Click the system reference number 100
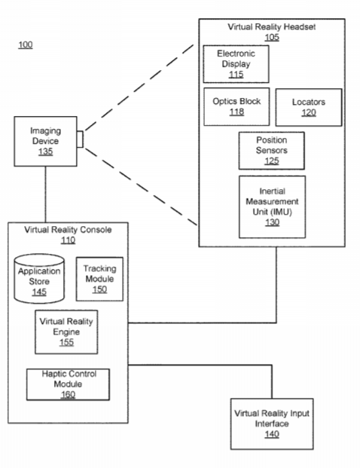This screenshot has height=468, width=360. point(26,44)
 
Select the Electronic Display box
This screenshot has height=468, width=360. point(236,64)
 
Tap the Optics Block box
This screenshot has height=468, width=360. point(236,106)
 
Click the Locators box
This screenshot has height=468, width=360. point(309,107)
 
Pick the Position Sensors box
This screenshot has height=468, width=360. point(271,151)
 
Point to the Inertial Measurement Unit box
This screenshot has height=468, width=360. point(272,206)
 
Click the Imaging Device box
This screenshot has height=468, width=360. point(45,141)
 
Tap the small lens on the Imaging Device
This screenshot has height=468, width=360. point(80,139)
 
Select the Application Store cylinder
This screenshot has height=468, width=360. point(39,279)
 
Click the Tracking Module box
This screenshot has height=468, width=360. point(99,279)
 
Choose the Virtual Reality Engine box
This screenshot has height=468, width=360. point(66,332)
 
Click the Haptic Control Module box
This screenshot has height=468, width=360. point(68,384)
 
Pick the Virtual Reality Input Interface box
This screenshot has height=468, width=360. point(272,424)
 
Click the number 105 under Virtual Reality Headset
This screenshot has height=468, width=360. point(272,38)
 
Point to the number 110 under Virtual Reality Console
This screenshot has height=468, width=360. point(68,240)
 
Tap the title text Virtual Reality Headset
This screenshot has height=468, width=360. point(271,27)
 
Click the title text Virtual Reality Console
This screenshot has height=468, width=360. point(68,230)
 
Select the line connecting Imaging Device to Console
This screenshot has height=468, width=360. point(46,194)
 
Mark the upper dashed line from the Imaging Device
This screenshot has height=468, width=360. point(139,87)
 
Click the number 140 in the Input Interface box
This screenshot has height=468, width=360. point(272,434)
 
